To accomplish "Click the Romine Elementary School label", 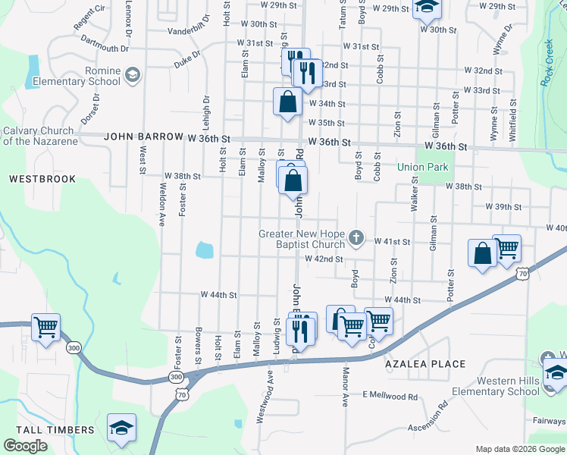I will [x=81, y=75].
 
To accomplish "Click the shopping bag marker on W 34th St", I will [x=288, y=102].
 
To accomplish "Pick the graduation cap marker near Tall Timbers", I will [x=121, y=428].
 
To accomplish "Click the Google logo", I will [x=25, y=446].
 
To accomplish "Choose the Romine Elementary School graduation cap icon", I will [x=133, y=74].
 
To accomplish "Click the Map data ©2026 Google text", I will [x=519, y=449].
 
